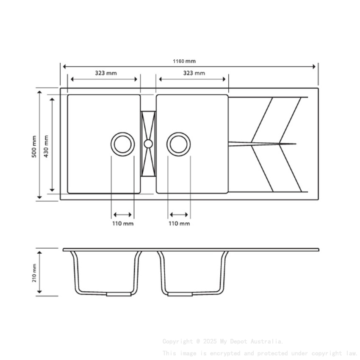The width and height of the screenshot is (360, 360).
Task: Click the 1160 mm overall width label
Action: (x=184, y=61)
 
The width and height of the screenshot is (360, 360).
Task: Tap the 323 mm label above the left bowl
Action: (x=105, y=73)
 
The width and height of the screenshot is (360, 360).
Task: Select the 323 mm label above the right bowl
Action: (x=194, y=73)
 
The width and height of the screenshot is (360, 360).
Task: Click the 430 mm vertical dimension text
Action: (x=46, y=146)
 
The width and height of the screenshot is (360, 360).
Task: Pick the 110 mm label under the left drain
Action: (x=123, y=223)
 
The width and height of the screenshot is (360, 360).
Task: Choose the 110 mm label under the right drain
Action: (x=179, y=223)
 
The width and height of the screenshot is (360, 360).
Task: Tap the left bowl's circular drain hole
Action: (x=123, y=144)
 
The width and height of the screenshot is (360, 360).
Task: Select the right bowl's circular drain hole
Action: (x=178, y=144)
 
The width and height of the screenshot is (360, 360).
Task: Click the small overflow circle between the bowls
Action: (x=148, y=144)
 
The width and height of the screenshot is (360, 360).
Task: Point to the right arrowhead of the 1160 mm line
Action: (x=315, y=66)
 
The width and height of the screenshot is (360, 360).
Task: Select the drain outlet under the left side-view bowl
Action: (x=119, y=294)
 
